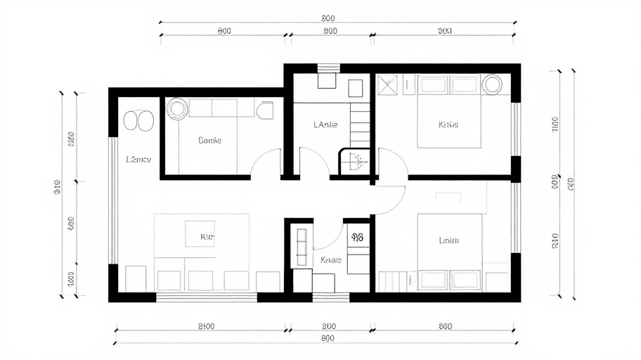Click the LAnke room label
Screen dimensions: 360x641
point(325,125)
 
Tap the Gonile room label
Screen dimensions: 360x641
point(209,141)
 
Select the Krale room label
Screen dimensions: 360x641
point(330,260)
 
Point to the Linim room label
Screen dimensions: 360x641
point(448,240)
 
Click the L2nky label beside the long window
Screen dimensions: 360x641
point(138,160)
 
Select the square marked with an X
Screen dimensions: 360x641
point(387,84)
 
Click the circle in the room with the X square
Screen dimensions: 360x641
point(492,84)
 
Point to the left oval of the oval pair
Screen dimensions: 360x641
point(131,120)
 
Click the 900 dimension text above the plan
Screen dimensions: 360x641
point(330,31)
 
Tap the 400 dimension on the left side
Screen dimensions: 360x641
point(70,224)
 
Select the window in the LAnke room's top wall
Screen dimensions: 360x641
point(328,68)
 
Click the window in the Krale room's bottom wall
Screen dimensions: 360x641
point(330,297)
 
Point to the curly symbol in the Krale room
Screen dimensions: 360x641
point(356,238)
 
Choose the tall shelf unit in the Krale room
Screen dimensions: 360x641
point(302,246)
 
